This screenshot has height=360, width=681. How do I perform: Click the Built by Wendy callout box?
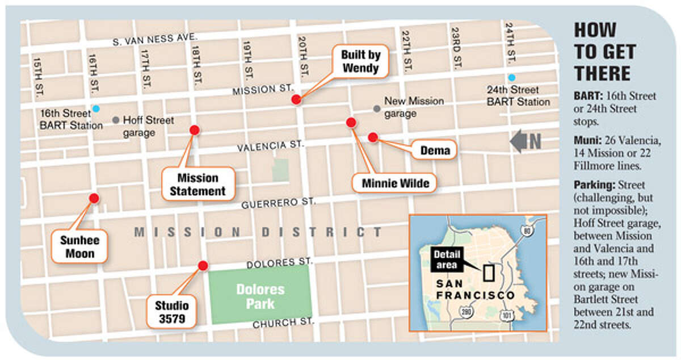click(360, 61)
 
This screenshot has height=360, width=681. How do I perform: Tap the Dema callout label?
click(435, 150)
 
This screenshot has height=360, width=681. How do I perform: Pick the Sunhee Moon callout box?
click(79, 246)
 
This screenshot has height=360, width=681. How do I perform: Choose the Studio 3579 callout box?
click(171, 312)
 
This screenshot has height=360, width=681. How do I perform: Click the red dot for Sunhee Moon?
click(94, 198)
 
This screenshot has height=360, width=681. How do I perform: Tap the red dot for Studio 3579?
click(203, 265)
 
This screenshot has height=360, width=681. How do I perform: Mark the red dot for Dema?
click(373, 137)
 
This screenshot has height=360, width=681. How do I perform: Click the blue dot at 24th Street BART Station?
click(512, 78)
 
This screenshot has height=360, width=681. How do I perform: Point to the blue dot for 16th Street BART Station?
click(96, 108)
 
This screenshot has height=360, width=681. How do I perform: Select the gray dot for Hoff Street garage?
click(116, 120)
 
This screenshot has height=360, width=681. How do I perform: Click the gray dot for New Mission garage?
click(376, 108)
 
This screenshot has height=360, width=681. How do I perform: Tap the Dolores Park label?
click(260, 297)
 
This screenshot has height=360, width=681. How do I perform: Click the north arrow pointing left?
click(525, 141)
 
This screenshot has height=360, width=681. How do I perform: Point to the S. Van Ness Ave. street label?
click(155, 39)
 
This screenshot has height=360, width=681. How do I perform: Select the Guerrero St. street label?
click(278, 202)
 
